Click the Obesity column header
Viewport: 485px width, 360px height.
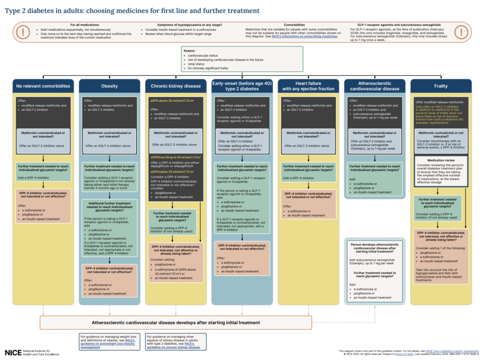point(109,86)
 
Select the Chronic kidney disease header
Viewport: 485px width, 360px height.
point(176,86)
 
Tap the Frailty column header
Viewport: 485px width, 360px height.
point(441,86)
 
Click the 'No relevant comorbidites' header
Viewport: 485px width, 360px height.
point(43,86)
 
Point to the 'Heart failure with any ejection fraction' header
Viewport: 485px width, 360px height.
point(308,86)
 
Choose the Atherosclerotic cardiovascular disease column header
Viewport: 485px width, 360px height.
point(375,86)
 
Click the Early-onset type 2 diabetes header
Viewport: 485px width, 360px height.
point(242,86)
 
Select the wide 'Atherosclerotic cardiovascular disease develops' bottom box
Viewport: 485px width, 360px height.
point(242,323)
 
